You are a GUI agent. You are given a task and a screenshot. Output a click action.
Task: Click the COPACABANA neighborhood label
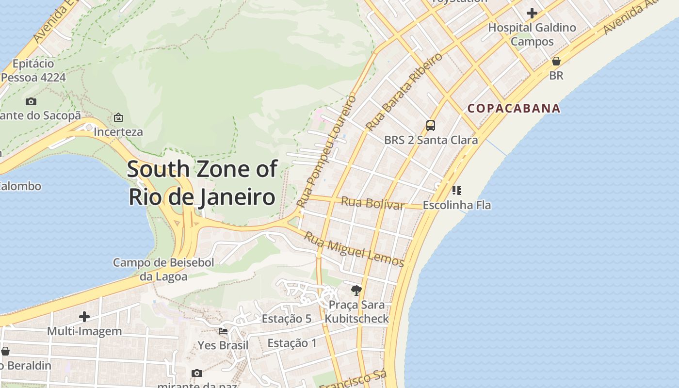(514, 108)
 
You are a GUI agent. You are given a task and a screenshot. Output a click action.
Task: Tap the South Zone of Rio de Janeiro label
(202, 183)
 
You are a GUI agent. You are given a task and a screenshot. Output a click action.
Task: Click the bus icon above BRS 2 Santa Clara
(430, 126)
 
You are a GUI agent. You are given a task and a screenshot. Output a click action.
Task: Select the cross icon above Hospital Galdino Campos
(532, 13)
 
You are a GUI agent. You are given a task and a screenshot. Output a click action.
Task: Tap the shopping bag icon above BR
(556, 61)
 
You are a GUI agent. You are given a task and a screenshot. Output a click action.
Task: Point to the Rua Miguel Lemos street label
(354, 249)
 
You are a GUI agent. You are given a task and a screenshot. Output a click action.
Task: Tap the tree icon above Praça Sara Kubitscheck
(356, 291)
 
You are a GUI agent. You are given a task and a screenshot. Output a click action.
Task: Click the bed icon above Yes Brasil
(223, 331)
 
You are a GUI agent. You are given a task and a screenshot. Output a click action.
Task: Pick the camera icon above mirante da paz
(196, 373)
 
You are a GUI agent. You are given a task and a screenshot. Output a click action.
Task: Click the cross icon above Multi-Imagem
(84, 317)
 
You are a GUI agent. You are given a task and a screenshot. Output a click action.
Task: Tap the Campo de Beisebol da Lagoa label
(163, 270)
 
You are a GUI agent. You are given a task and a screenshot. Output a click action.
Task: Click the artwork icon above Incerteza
(118, 117)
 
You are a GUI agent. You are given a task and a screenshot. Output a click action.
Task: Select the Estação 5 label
(286, 319)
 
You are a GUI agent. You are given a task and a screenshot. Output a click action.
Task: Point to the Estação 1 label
(292, 343)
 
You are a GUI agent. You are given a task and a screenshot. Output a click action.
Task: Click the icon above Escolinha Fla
(456, 191)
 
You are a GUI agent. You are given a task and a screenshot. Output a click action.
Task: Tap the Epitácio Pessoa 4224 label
(33, 70)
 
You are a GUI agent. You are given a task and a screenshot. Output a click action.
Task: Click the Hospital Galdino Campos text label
(532, 34)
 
